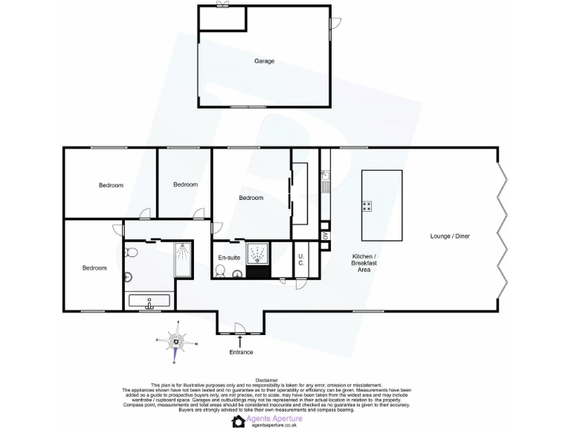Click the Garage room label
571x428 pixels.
(264, 61)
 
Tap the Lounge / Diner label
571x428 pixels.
(450, 236)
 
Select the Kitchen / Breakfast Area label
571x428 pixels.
(361, 263)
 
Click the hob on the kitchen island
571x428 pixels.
(367, 206)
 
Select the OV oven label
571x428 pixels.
(325, 236)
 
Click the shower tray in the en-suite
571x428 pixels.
(258, 253)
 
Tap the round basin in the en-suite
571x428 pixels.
(237, 274)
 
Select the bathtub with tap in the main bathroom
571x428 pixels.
(149, 301)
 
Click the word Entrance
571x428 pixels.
(241, 352)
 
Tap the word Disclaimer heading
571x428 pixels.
(265, 378)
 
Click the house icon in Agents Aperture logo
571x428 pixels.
(239, 421)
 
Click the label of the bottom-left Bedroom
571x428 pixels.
(94, 267)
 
